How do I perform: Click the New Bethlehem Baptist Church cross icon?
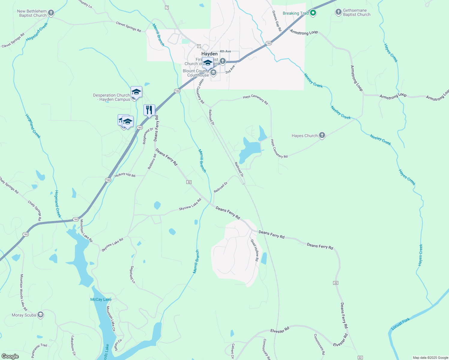[x=51, y=13]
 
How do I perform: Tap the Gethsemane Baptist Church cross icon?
[x=338, y=12]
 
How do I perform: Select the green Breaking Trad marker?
[x=313, y=13]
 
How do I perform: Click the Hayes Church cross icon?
[x=322, y=136]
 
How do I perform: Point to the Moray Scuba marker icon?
[x=41, y=315]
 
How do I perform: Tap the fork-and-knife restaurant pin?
[x=149, y=110]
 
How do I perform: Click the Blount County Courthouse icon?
[x=213, y=73]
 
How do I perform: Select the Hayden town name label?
[x=209, y=54]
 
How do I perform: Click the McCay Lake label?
[x=101, y=299]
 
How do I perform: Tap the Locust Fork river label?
[x=401, y=324]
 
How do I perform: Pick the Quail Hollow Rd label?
[x=255, y=250]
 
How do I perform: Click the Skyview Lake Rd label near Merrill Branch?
[x=190, y=204]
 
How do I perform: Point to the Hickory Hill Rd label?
[x=125, y=175]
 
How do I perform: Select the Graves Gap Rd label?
[x=277, y=21]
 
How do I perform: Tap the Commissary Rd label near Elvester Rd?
[x=319, y=344]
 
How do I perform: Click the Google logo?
[x=10, y=356]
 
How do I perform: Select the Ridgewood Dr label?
[x=148, y=136]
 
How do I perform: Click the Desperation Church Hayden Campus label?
[x=112, y=97]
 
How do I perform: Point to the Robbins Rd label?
[x=152, y=162]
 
